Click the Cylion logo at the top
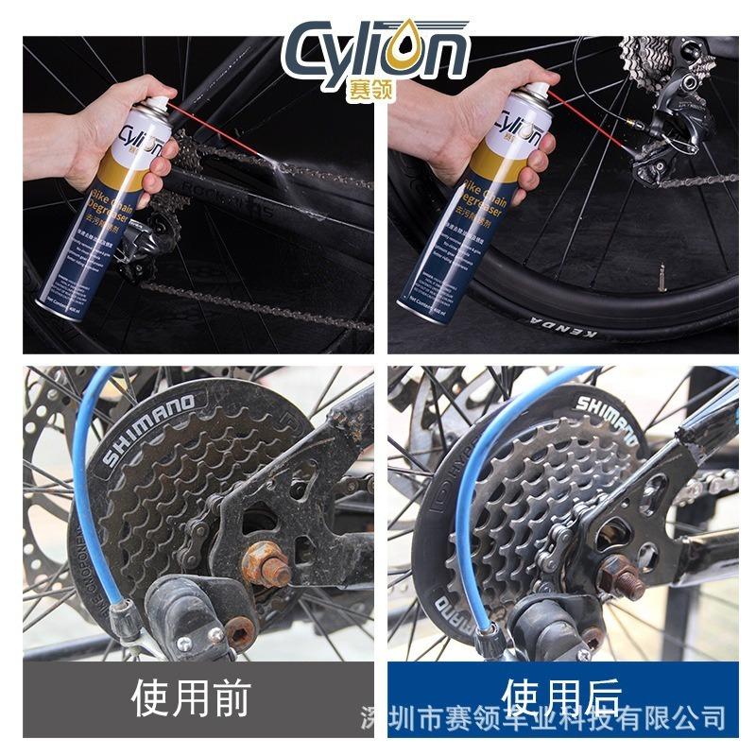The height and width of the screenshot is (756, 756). (378, 47)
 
